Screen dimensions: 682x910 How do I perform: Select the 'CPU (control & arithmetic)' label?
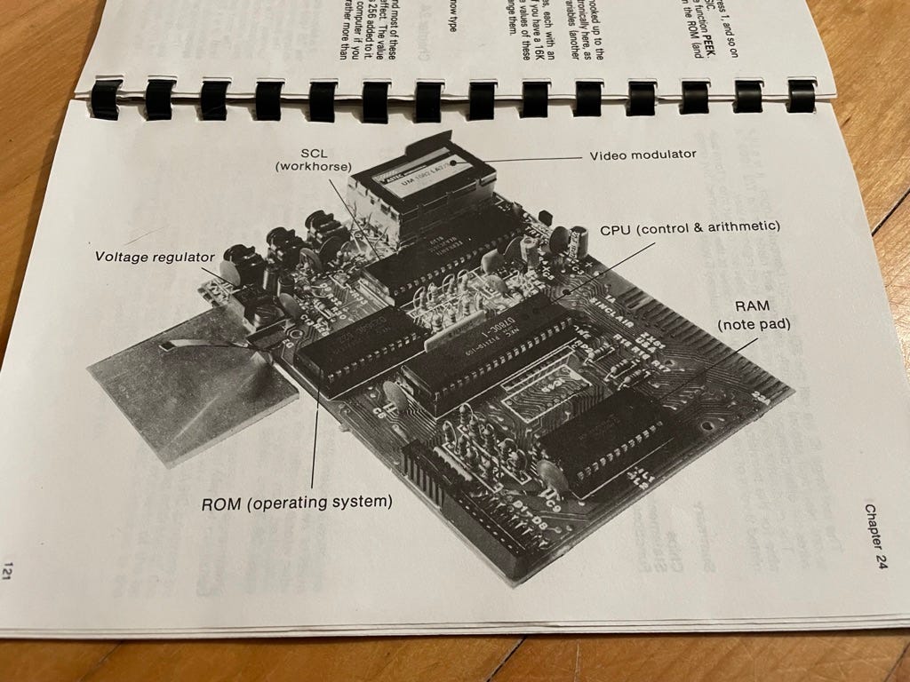click(x=690, y=227)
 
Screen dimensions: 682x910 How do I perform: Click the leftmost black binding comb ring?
click(x=106, y=99)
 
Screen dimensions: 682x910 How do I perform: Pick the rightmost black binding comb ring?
click(x=801, y=95)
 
